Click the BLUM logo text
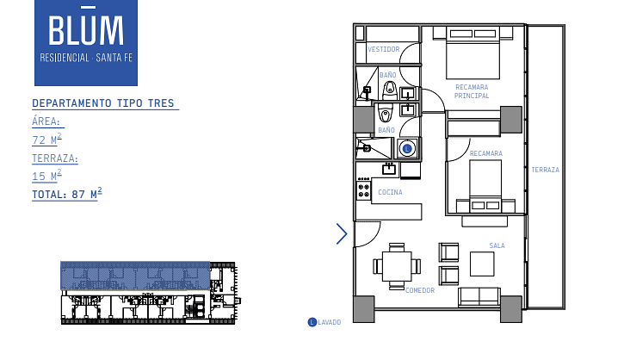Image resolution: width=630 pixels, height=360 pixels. pyautogui.click(x=86, y=28)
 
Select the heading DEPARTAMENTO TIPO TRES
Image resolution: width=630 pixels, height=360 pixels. pyautogui.click(x=103, y=103)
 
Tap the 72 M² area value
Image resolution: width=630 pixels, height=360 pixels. pyautogui.click(x=46, y=140)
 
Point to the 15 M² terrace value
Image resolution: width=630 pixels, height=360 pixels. pyautogui.click(x=46, y=176)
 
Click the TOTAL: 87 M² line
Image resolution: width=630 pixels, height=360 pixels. pyautogui.click(x=66, y=194)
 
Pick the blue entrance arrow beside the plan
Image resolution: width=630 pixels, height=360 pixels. pyautogui.click(x=342, y=234)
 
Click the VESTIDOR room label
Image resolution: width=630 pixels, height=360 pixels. pyautogui.click(x=384, y=49)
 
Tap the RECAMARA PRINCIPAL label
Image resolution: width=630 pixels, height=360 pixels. pyautogui.click(x=472, y=91)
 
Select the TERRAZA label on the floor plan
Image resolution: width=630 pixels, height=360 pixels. pyautogui.click(x=545, y=170)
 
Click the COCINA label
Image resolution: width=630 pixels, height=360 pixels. pyautogui.click(x=390, y=192)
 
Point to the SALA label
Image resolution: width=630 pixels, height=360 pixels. pyautogui.click(x=497, y=245)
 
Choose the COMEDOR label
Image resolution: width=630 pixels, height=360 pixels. pyautogui.click(x=420, y=290)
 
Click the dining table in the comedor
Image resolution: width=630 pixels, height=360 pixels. pyautogui.click(x=397, y=266)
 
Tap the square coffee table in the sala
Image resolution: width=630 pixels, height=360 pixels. pyautogui.click(x=482, y=264)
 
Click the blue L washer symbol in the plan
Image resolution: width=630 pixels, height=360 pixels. pyautogui.click(x=407, y=148)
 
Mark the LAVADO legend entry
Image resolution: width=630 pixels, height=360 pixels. pyautogui.click(x=324, y=322)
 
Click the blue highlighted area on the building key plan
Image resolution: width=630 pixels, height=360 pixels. pyautogui.click(x=135, y=276)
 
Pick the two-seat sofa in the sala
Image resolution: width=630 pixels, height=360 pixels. pyautogui.click(x=479, y=297)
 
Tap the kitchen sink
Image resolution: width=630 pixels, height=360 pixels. pyautogui.click(x=389, y=169)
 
